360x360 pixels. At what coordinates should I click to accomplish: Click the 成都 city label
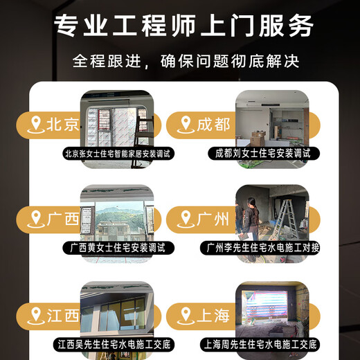(x=213, y=125)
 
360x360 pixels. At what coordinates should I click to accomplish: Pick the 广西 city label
(x=62, y=220)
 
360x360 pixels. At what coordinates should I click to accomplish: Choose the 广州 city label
(x=213, y=220)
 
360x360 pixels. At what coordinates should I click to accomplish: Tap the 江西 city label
(x=62, y=316)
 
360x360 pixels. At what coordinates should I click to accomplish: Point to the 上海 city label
(x=213, y=316)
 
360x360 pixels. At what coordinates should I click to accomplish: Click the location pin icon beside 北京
(x=35, y=125)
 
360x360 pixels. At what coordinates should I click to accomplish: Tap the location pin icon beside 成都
(x=185, y=125)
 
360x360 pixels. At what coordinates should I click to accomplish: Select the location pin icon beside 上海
(x=185, y=316)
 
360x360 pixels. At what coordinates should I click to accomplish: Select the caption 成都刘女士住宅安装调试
(x=263, y=152)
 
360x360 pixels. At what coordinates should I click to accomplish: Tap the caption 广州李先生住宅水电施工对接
(x=263, y=247)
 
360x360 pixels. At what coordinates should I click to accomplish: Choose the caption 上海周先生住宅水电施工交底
(x=263, y=343)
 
